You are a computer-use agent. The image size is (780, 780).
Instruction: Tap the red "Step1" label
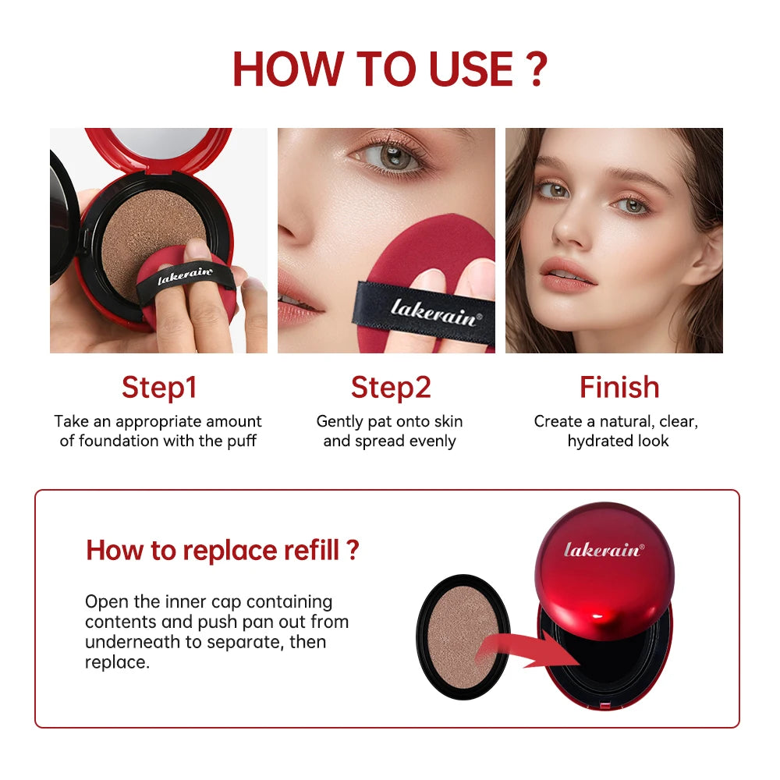pos(159,387)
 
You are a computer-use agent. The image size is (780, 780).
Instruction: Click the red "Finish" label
pos(619,387)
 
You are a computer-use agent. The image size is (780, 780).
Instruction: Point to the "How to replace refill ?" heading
pos(222,550)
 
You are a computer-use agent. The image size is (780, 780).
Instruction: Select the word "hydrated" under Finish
pos(598,441)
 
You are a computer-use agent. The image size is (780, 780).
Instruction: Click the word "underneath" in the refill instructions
pos(123,642)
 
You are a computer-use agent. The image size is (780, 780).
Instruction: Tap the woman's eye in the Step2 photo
pos(394,157)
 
